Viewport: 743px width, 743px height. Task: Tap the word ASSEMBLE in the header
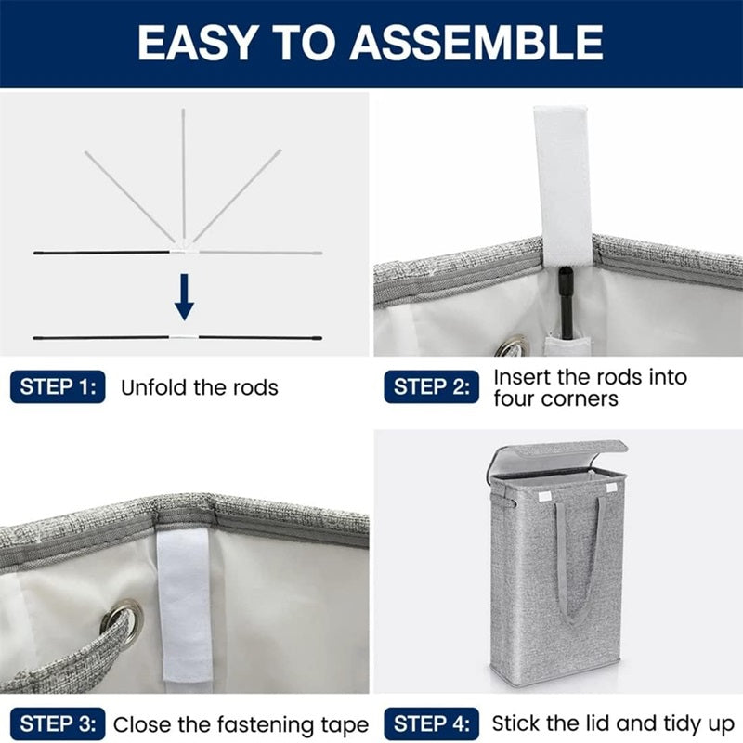476,43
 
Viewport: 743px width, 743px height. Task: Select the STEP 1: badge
58,386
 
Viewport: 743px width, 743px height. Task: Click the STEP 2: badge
431,386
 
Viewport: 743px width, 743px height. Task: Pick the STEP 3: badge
58,724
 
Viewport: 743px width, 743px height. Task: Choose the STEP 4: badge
431,724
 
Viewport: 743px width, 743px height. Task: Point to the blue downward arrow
184,297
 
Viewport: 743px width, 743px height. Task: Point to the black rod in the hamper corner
566,304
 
